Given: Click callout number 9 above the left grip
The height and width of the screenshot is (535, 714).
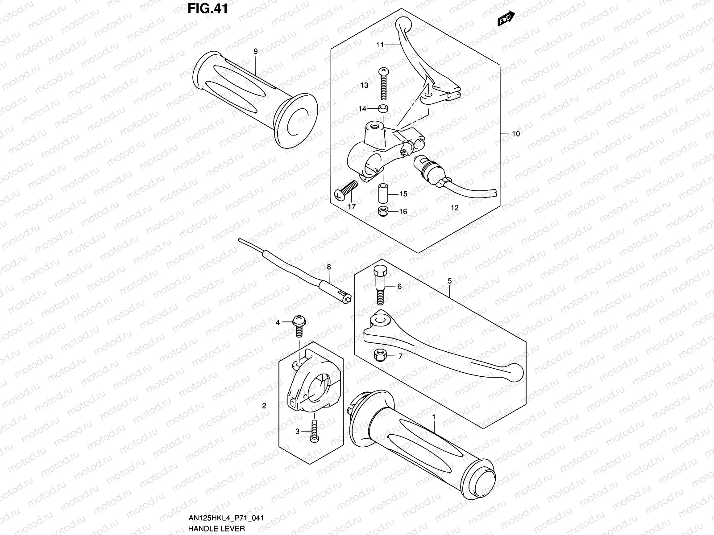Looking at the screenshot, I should pos(256,52).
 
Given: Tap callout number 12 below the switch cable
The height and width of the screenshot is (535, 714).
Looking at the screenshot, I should pos(455,208).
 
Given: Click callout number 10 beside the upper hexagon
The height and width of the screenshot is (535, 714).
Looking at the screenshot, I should pos(516,134).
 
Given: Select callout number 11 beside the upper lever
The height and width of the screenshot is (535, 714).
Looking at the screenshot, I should pos(380,45).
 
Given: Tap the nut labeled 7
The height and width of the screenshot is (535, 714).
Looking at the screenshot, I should pos(380,355).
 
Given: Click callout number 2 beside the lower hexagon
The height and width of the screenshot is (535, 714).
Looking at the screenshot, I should pos(264,406).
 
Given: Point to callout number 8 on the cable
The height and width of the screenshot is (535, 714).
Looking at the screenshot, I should pos(329,267).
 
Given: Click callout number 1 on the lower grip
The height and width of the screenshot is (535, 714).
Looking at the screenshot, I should pos(433,416).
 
